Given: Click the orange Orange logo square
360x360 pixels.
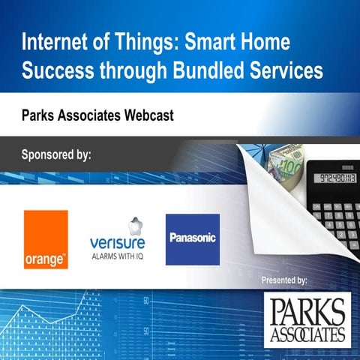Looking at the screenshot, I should (x=46, y=238).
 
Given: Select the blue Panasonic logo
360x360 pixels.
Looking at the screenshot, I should (x=193, y=239).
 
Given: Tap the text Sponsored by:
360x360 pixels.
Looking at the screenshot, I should (x=56, y=155).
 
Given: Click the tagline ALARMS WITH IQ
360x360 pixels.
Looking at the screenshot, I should (x=117, y=255).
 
